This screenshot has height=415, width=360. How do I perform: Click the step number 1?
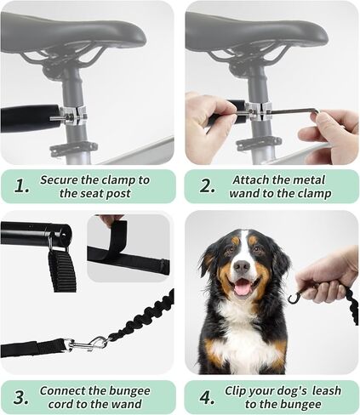20,186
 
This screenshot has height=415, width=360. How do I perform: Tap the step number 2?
207,186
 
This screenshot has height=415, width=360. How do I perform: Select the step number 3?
20,397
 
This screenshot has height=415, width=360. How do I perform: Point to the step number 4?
207,397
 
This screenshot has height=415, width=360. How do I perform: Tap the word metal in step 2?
309,180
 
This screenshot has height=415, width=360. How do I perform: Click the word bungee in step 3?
130,391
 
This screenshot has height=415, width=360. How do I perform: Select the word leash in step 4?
327,390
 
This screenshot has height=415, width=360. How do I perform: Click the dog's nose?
242,266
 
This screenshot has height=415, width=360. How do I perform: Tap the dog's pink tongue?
243,288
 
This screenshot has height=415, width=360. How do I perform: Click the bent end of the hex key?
317,113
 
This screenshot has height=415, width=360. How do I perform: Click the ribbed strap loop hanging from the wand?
61,269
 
